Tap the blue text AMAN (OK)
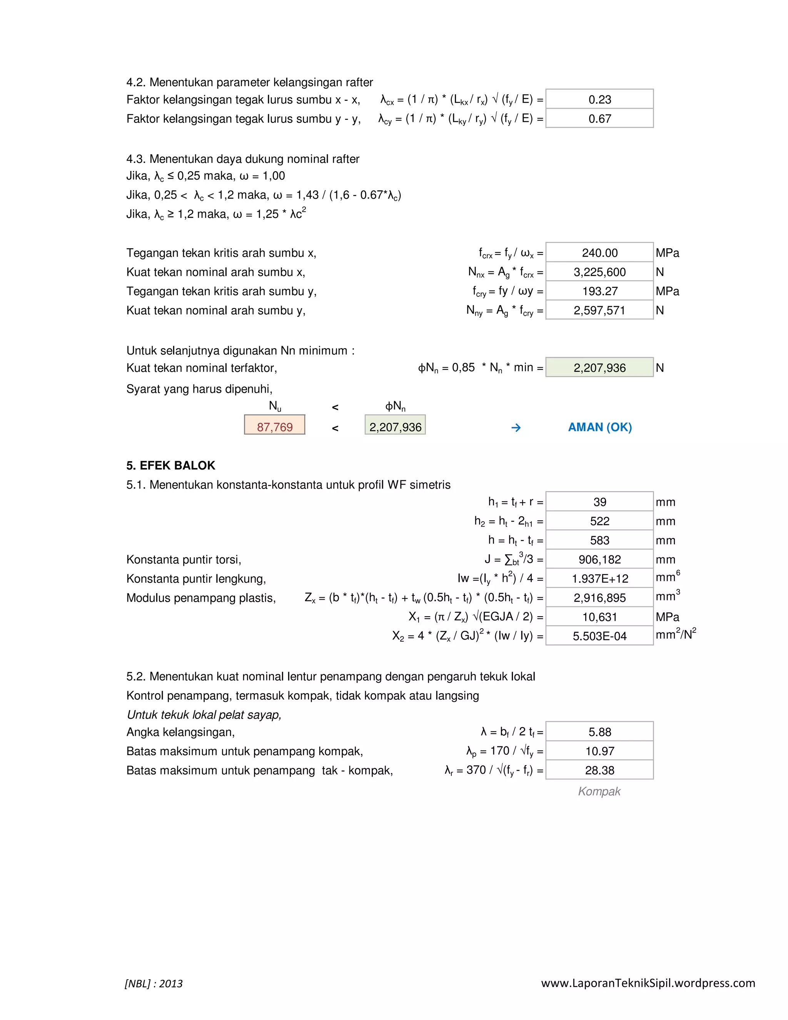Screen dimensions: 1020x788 (x=599, y=427)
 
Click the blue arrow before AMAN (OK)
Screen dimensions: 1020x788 (x=516, y=427)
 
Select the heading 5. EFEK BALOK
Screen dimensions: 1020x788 (x=170, y=465)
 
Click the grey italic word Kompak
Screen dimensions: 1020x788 (x=599, y=791)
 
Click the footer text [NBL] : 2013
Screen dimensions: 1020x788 (x=154, y=983)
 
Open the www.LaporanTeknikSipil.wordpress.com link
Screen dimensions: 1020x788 (x=648, y=983)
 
